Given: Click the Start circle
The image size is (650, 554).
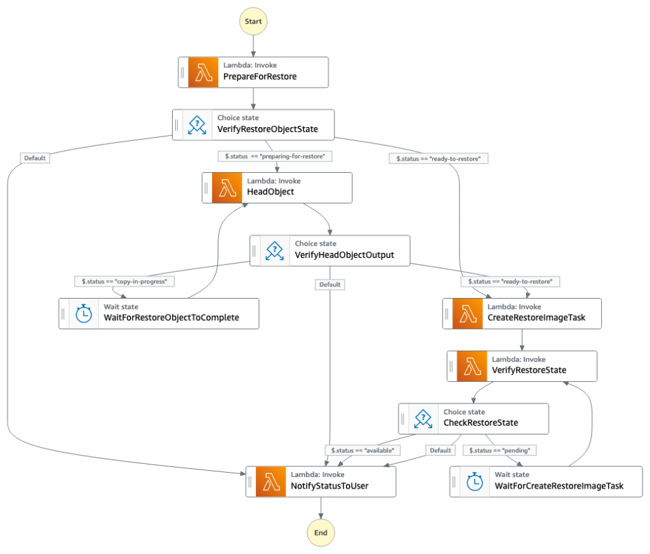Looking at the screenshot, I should click(x=253, y=21).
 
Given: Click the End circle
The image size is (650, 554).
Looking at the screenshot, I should click(x=321, y=532).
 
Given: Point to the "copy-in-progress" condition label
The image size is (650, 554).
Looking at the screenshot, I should click(x=124, y=281).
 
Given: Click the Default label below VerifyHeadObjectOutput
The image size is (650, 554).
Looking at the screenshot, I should click(x=329, y=285).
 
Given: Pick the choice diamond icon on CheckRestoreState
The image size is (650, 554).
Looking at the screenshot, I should click(x=423, y=418).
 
